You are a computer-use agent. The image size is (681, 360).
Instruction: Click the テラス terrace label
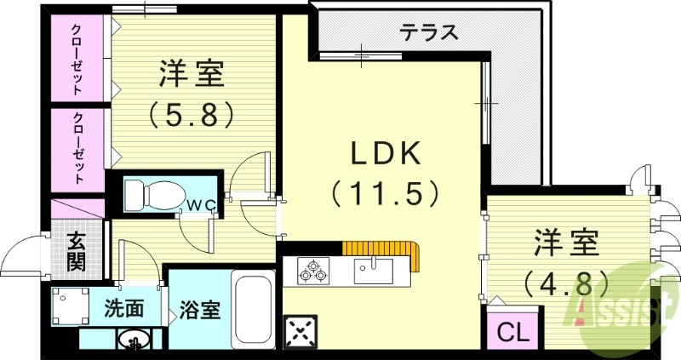[430, 33]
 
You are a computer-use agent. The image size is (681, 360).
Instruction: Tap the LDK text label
[386, 154]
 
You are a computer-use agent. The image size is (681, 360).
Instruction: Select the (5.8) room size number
[191, 113]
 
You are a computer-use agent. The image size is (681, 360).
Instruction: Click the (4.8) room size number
[565, 280]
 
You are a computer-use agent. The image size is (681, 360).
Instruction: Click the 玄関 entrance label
[76, 251]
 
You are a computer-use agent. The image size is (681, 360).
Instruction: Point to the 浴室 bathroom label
[200, 310]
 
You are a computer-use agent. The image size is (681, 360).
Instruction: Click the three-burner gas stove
[312, 271]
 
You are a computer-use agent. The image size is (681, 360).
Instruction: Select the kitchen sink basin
[373, 271]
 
